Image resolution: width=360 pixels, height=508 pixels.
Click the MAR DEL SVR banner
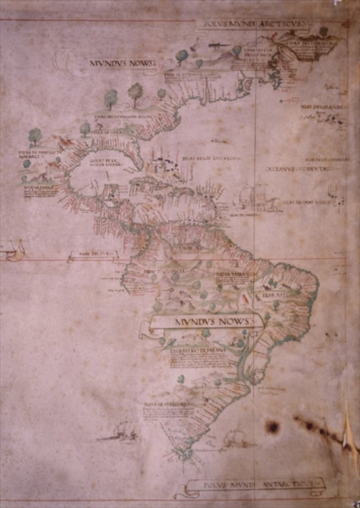(x=93, y=255)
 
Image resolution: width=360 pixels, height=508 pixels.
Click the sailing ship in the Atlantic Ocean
(x=255, y=196)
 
